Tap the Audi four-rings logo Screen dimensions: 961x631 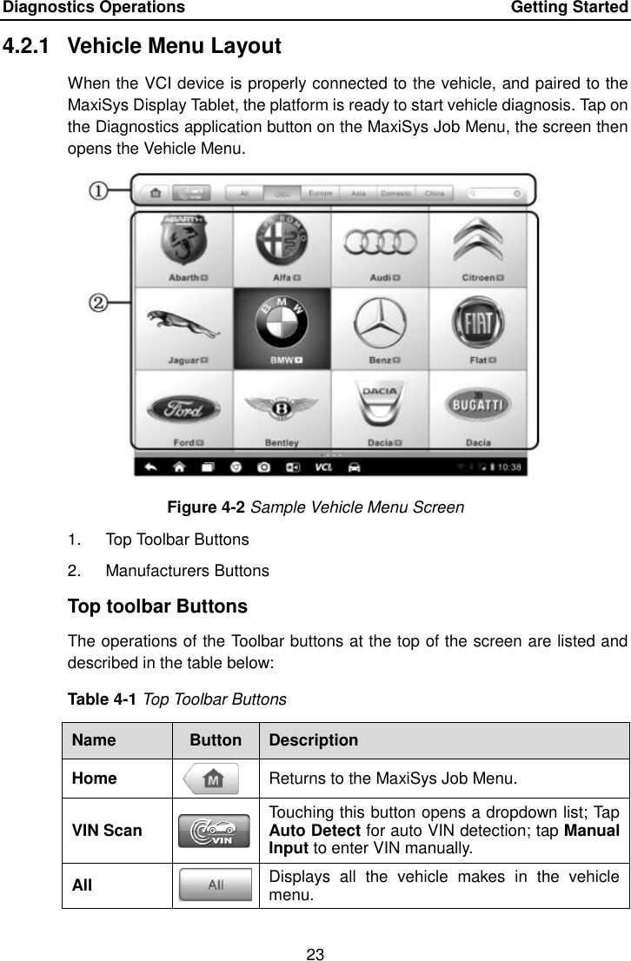click(380, 243)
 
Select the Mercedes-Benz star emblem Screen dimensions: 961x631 click(380, 325)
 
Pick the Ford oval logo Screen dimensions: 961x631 click(182, 408)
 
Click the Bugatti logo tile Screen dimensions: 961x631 click(478, 405)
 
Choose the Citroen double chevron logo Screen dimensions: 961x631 click(478, 242)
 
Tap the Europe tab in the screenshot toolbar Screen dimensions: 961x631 click(320, 193)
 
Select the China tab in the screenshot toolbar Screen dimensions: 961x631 click(435, 193)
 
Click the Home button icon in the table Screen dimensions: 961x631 click(216, 778)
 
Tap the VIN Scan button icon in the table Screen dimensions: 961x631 click(216, 830)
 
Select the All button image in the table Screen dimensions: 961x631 click(216, 884)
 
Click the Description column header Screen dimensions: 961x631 click(313, 740)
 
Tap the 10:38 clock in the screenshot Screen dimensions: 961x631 click(508, 467)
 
